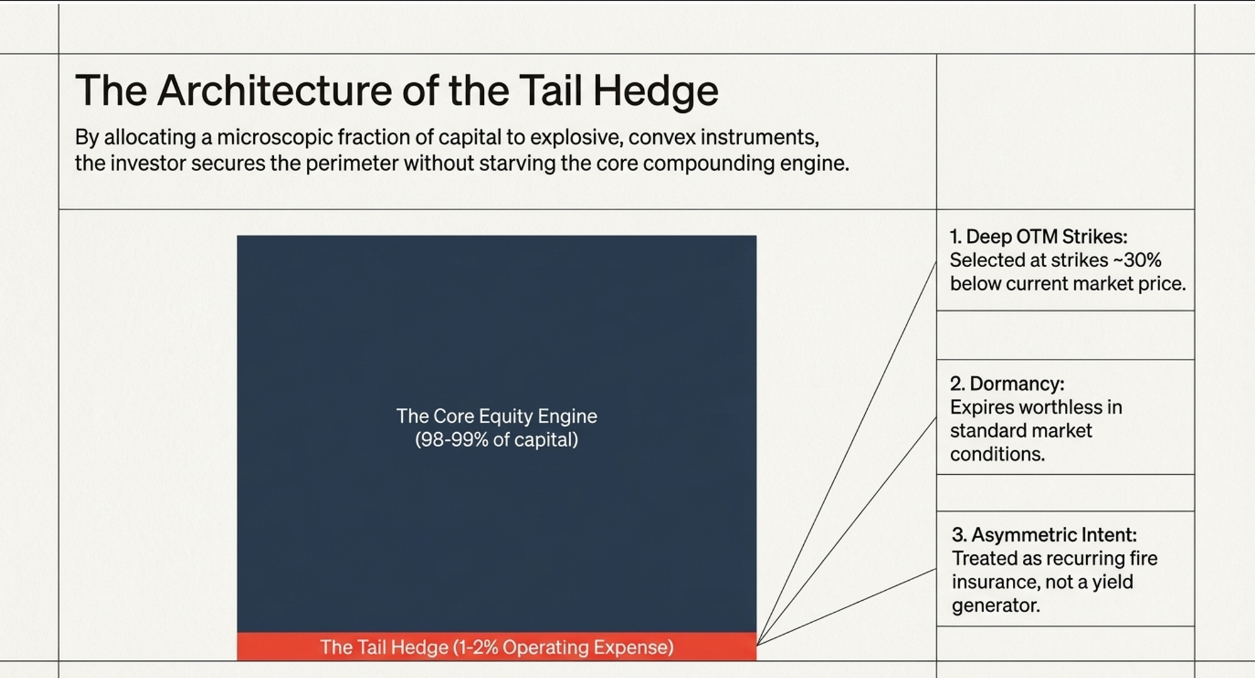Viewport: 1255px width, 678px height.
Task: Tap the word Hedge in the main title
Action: pos(655,91)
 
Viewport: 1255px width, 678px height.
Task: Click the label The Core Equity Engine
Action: pos(496,416)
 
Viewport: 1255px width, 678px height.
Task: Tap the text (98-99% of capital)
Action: pos(496,440)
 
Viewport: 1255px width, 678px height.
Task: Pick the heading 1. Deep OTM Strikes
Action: pos(1039,236)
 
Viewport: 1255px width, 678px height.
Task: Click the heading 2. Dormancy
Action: pos(1007,383)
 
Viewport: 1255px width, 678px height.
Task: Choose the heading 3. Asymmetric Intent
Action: pos(1044,534)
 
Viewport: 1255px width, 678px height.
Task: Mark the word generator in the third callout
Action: pos(995,605)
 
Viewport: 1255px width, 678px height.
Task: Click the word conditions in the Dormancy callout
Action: pos(997,454)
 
